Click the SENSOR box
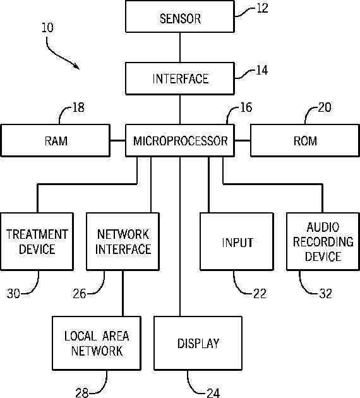coord(180,16)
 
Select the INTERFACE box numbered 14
coord(180,79)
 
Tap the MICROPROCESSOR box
coord(180,140)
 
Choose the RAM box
coord(56,140)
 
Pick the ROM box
coord(305,140)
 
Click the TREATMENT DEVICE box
coord(37,241)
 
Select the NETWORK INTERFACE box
coord(123,241)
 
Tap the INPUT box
coord(237,241)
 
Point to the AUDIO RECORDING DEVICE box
coord(323,241)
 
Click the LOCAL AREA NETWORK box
coord(97,343)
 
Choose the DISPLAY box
coord(198,343)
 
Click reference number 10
coord(48,27)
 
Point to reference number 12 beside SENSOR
coord(262,8)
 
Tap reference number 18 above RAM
coord(78,107)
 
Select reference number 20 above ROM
coord(325,107)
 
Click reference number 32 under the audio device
coord(325,294)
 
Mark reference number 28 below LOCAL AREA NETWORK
coord(81,393)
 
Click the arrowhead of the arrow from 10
coord(76,67)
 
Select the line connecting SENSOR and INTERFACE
coord(180,47)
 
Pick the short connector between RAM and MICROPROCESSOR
coord(118,140)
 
